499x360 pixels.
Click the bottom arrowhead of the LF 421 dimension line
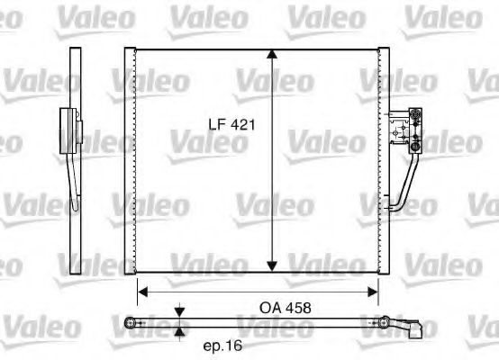271,265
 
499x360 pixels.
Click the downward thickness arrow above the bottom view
179,311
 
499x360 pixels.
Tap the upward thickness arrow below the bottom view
179,330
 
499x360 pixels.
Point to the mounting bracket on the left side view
65,130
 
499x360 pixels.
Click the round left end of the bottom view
132,321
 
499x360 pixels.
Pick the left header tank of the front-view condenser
133,160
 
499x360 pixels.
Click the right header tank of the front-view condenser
383,160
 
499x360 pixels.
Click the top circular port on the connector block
415,113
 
